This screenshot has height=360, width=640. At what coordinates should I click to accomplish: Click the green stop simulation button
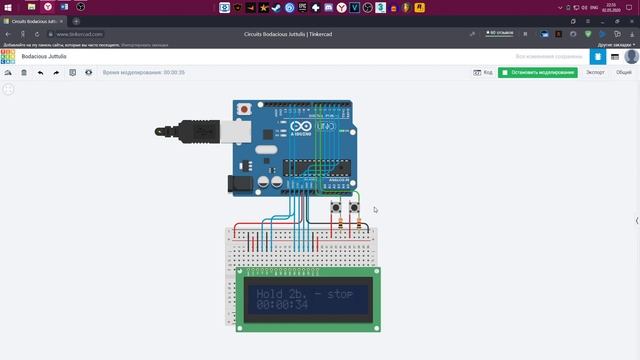click(538, 73)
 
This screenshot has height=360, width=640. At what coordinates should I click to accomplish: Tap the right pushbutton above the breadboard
click(354, 208)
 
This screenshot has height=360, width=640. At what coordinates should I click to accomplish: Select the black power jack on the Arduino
click(238, 183)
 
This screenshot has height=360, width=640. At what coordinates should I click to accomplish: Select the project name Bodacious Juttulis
click(44, 57)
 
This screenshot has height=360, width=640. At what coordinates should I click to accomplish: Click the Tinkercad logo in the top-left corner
click(8, 57)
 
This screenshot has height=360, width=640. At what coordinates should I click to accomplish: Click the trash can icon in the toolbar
click(24, 73)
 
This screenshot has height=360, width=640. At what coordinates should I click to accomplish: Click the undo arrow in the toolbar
click(40, 73)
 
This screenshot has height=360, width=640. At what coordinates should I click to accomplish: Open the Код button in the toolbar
click(483, 73)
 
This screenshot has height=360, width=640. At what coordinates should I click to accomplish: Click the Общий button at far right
click(623, 73)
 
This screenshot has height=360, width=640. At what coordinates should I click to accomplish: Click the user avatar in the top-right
click(631, 57)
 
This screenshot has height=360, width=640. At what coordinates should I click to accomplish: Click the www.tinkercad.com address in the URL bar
click(80, 34)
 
